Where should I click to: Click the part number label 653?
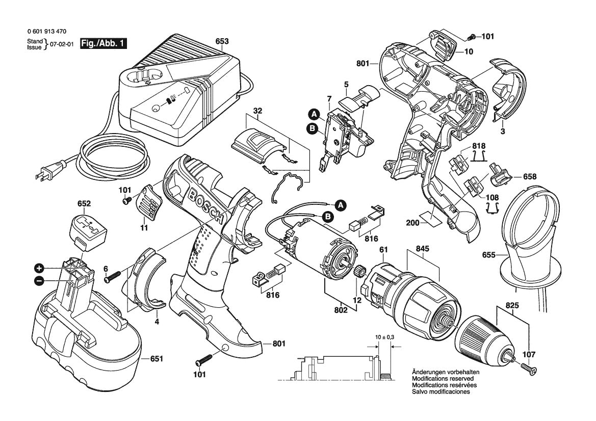[x=222, y=41]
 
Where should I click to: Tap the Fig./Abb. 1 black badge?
[x=104, y=44]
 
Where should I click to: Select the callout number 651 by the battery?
[x=157, y=359]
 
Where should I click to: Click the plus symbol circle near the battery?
[x=39, y=268]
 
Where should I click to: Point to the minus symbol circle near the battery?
[x=39, y=280]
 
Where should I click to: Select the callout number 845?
[x=423, y=249]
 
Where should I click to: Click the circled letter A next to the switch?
[x=314, y=114]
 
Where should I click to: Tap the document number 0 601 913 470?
[x=46, y=32]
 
